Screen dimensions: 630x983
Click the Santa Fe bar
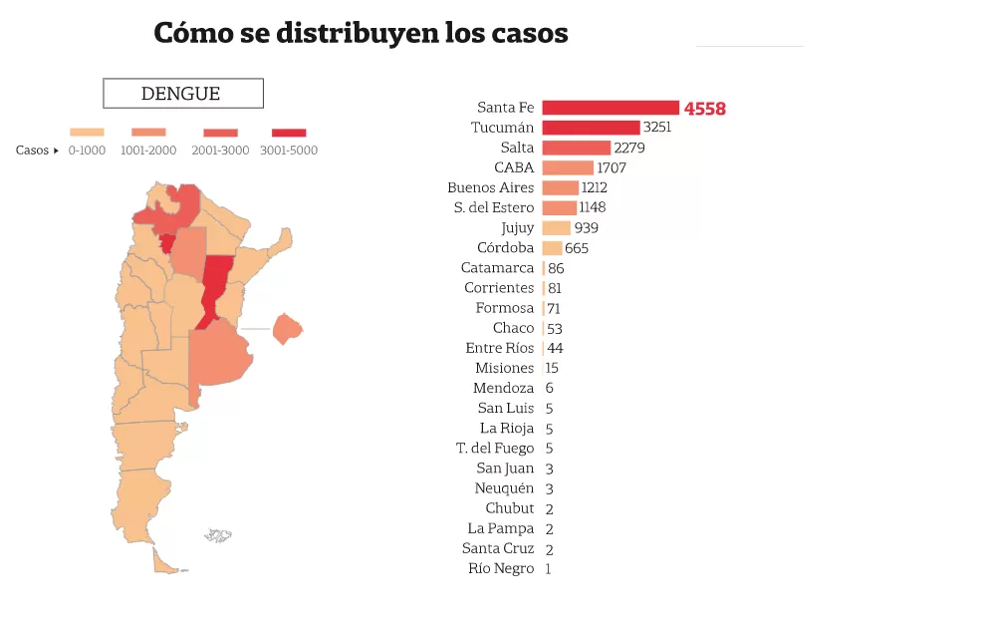click(610, 108)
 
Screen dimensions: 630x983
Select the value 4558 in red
click(705, 109)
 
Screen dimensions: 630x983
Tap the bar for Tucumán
click(590, 128)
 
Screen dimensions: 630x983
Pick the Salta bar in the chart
click(576, 148)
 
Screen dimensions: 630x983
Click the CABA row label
click(514, 167)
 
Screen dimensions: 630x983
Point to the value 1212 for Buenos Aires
click(595, 187)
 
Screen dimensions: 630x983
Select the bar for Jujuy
click(556, 228)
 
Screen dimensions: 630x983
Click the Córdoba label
click(506, 248)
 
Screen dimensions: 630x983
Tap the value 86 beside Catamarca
click(556, 268)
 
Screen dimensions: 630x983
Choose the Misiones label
click(504, 368)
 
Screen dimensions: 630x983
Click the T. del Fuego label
click(495, 449)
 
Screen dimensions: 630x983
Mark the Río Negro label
click(501, 568)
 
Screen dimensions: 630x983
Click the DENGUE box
click(182, 94)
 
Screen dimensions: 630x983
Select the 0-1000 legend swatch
click(87, 132)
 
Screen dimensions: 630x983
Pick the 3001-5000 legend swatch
click(289, 132)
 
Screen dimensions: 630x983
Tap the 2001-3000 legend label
click(220, 151)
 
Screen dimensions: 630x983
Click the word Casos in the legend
click(32, 151)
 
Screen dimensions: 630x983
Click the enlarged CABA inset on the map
click(287, 328)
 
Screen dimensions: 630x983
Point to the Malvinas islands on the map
click(218, 536)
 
